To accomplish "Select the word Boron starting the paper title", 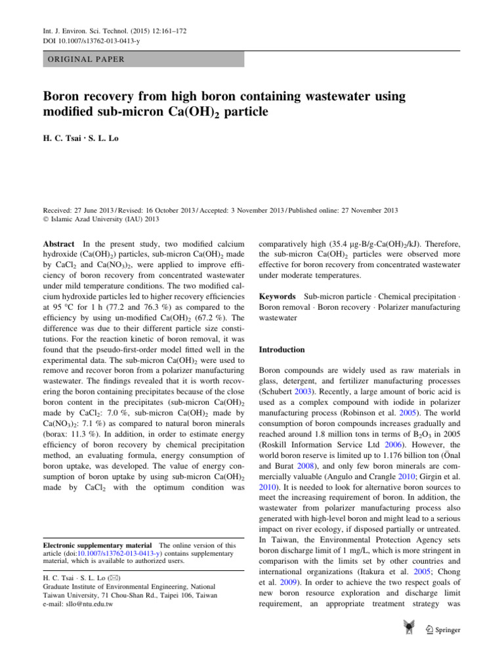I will tap(64, 96).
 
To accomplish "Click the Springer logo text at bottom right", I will tap(446, 630).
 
